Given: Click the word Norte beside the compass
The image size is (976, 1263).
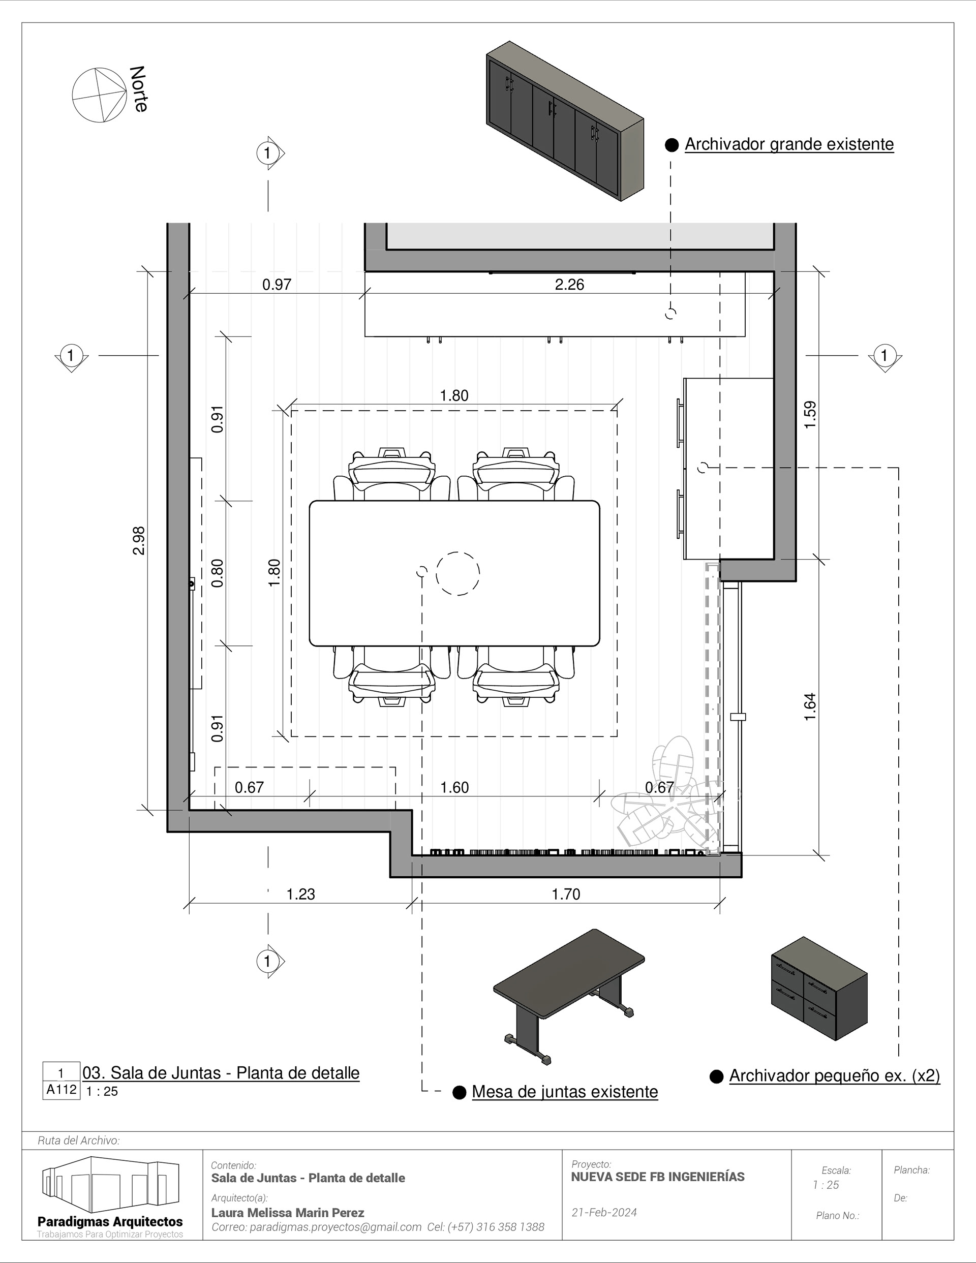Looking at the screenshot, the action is [x=139, y=88].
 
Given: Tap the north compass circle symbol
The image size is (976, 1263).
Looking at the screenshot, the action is [x=99, y=96].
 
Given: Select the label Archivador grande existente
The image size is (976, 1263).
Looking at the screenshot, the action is [x=789, y=144].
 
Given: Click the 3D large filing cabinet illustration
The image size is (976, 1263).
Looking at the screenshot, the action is [x=565, y=121].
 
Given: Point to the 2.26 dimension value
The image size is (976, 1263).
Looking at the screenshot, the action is [x=569, y=285].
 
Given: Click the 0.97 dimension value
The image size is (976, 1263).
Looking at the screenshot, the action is [x=277, y=285].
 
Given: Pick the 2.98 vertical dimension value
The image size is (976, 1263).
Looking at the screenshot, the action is [x=139, y=540].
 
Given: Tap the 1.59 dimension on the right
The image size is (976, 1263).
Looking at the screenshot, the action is [x=810, y=414].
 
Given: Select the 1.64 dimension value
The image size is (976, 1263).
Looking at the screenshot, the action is [x=810, y=706].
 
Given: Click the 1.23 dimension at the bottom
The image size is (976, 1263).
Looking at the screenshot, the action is [x=301, y=894].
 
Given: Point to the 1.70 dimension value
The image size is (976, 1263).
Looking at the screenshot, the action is [x=566, y=894].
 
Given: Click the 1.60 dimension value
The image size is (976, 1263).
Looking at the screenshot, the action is [x=455, y=788].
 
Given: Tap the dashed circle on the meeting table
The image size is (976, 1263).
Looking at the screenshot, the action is [x=457, y=573].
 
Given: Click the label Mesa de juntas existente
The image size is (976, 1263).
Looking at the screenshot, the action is [x=565, y=1092].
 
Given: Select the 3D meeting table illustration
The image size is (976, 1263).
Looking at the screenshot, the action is [x=569, y=998].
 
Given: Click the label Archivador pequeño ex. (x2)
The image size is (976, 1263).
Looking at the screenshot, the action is [x=835, y=1076].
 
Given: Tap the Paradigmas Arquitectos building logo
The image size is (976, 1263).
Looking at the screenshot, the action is [x=110, y=1183].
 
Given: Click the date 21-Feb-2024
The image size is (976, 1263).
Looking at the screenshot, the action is [x=604, y=1213].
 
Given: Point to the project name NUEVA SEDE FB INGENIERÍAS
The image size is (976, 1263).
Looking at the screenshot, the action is [x=658, y=1177].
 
